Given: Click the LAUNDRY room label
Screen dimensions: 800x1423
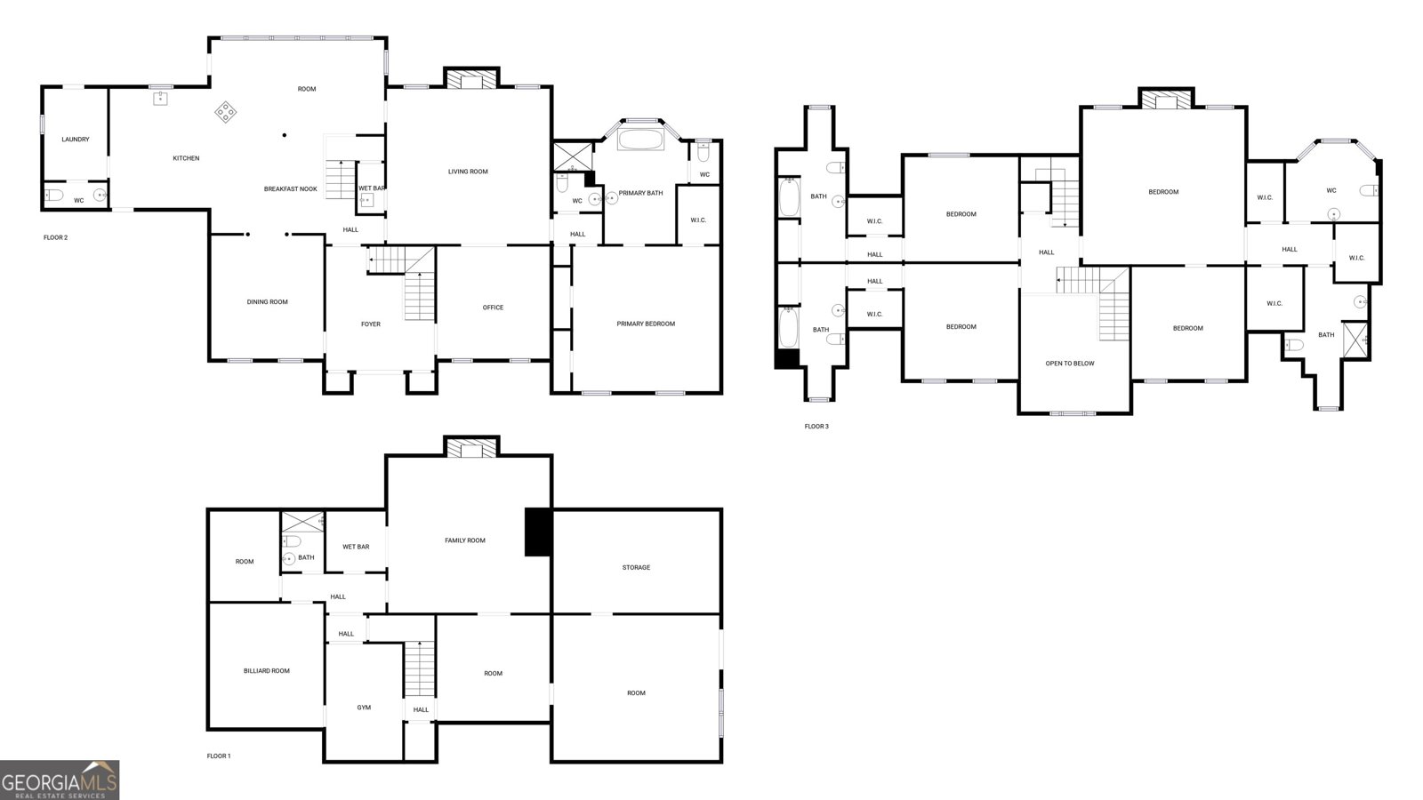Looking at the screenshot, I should coord(76,140).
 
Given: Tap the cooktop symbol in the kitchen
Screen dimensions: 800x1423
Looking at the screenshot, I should coord(226,112).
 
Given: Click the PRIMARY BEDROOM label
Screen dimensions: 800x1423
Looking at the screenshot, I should coord(646,324).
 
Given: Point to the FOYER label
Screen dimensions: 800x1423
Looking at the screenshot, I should coord(371,324).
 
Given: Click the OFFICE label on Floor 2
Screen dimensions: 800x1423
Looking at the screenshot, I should coord(493,308).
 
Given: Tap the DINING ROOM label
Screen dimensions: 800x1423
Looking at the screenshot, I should coord(268,302).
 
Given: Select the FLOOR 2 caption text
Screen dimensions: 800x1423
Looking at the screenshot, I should coord(56,237).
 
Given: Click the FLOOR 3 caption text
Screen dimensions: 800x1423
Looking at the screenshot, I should coord(816,427).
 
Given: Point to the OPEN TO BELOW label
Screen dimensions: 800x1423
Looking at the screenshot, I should coord(1070,364).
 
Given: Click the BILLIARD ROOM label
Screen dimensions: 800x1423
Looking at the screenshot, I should coord(267,671).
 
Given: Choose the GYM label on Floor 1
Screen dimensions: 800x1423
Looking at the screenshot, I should coord(364,708).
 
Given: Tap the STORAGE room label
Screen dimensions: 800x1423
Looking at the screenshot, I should coord(636,567).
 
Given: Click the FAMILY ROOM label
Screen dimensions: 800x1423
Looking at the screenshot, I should coord(465,540).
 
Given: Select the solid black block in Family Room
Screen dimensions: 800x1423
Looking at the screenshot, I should coord(538,532).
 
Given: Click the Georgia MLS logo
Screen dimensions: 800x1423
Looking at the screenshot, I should coord(60,780).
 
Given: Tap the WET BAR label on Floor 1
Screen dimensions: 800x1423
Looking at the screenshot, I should coord(356,547).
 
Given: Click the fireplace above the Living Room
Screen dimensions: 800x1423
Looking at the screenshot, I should coord(471,80).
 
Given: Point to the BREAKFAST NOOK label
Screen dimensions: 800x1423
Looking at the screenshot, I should coord(291,188).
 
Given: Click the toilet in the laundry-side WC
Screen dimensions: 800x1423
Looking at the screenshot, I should coord(52,196).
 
